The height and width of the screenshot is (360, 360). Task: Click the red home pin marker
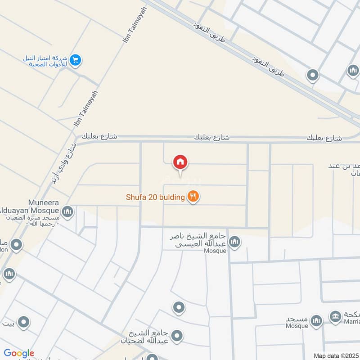(x=180, y=162)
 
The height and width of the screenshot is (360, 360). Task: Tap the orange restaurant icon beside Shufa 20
(x=193, y=197)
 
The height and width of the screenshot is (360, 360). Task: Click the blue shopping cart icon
(x=76, y=60)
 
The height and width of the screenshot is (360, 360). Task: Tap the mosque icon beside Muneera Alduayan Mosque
(x=67, y=211)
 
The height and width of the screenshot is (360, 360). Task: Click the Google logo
(x=19, y=353)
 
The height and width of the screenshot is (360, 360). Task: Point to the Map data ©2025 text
(x=335, y=355)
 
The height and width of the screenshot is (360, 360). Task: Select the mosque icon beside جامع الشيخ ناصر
(x=234, y=243)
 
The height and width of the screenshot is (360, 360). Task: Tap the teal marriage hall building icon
(x=335, y=316)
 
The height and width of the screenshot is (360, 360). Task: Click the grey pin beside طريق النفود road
(x=312, y=75)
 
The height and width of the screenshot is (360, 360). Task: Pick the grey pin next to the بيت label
(x=23, y=322)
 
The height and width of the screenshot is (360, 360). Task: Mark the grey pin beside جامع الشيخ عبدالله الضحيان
(x=177, y=336)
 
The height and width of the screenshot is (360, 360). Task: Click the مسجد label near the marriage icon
(x=297, y=319)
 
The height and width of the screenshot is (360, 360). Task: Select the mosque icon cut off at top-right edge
(x=353, y=71)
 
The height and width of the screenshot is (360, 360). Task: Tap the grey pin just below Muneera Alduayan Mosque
(x=17, y=245)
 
